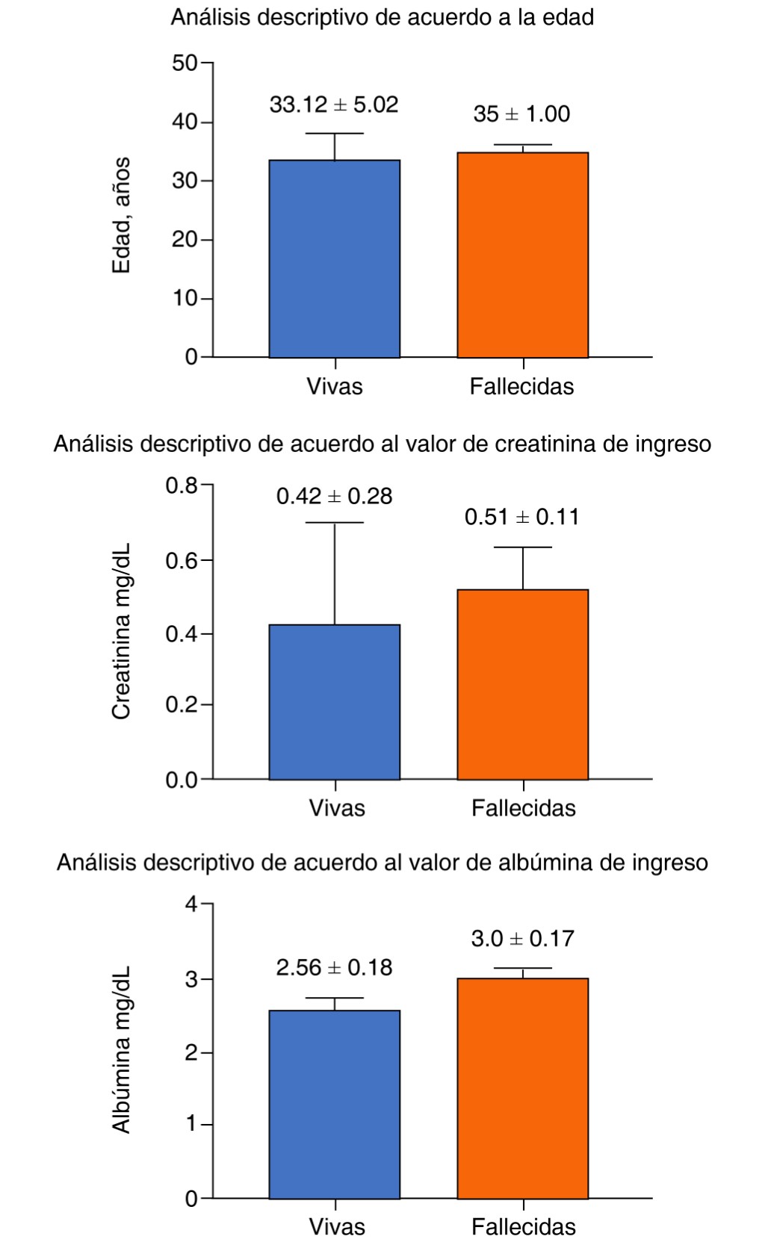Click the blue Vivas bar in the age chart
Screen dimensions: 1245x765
334,258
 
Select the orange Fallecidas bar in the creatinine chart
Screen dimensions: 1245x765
522,684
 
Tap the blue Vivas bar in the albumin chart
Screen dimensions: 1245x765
334,1105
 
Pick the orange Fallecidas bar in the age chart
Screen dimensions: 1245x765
522,255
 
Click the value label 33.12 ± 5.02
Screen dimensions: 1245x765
334,105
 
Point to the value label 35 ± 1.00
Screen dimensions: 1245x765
521,114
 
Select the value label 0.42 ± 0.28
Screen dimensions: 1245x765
334,496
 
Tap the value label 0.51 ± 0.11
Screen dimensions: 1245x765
521,517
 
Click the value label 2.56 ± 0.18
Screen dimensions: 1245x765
334,968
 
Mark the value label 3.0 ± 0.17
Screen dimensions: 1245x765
522,938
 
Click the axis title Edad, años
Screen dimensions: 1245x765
121,215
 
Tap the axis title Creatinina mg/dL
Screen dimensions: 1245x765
121,631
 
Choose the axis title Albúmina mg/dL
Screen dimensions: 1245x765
121,1049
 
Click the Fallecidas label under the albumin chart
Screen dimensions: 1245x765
523,1226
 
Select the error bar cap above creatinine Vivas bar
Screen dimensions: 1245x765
334,523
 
